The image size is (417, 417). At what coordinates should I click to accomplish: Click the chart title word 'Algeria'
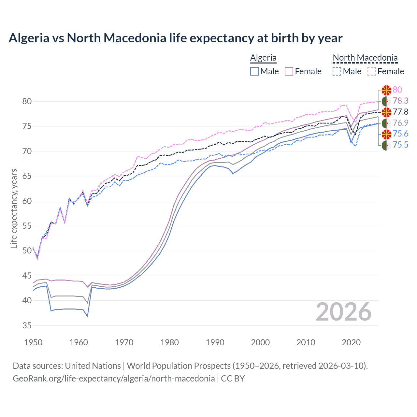pos(29,38)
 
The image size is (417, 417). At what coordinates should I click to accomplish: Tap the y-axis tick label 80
pos(27,101)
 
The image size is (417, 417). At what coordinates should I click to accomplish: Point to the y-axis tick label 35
pos(27,325)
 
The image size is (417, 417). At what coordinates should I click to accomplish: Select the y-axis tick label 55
pos(27,226)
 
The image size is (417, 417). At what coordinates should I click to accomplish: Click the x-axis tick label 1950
pos(33,342)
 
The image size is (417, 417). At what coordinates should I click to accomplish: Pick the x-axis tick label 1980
pos(169,342)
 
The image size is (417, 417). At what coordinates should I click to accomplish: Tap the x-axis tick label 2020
pos(351,342)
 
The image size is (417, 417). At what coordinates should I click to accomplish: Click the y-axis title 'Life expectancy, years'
pos(14,208)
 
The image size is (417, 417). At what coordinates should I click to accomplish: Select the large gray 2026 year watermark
pos(343,312)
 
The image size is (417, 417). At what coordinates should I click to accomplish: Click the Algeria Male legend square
pos(254,71)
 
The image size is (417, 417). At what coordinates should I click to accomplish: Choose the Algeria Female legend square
pos(289,71)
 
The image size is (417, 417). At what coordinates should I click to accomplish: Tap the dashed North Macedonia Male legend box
pos(337,71)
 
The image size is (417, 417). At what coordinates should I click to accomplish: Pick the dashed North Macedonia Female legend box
pos(372,71)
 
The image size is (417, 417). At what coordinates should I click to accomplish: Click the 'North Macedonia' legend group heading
pos(365,58)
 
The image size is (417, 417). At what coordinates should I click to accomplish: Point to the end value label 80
pos(397,90)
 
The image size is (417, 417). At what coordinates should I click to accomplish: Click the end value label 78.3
pos(400,101)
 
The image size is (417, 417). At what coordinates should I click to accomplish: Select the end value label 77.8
pos(400,112)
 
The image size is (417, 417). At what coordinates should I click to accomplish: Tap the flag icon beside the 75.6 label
pos(386,134)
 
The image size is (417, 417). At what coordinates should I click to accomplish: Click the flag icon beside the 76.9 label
pos(386,123)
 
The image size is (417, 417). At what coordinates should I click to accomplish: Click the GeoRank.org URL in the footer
pos(114,379)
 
